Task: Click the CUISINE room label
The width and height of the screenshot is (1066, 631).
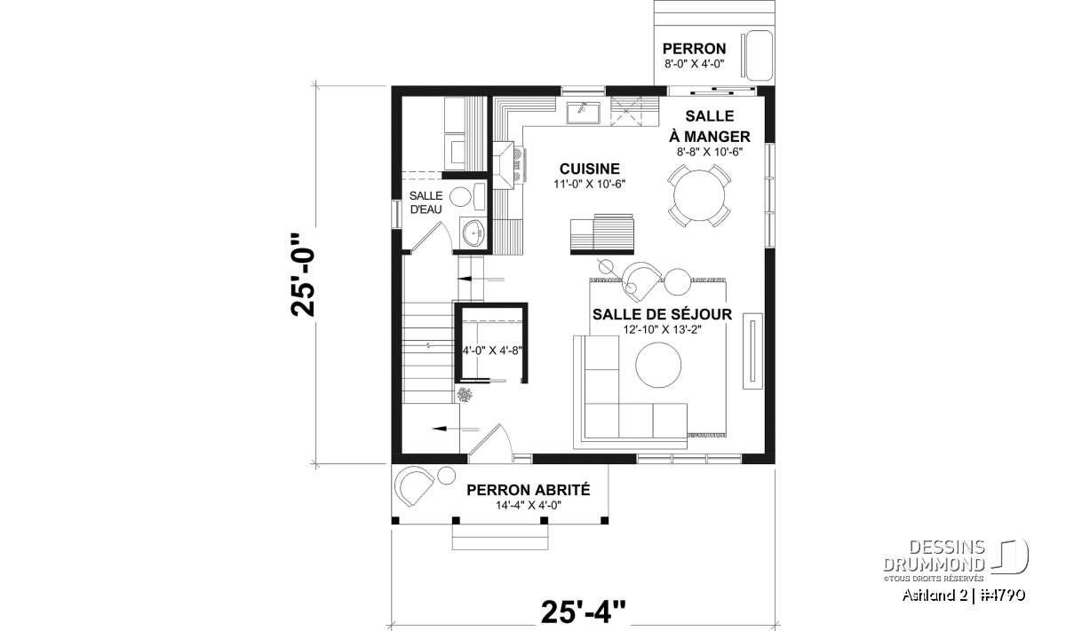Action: click(590, 169)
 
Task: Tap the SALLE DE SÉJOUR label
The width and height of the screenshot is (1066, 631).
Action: click(662, 314)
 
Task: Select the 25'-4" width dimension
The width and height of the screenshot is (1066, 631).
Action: click(584, 611)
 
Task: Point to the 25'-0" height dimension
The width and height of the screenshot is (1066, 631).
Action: click(303, 274)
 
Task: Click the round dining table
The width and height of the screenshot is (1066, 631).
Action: click(699, 195)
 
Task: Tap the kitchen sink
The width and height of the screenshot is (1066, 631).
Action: click(584, 113)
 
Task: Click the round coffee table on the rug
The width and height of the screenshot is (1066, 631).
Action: click(658, 365)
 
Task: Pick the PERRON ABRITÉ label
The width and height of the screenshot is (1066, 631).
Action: click(529, 490)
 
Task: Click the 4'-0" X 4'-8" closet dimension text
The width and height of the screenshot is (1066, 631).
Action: click(492, 351)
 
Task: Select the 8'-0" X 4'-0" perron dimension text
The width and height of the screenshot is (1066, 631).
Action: click(695, 64)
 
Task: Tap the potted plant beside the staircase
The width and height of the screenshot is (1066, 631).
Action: click(465, 395)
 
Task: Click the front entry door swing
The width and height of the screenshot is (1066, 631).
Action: click(490, 443)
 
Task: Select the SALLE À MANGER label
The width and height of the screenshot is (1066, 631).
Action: click(710, 126)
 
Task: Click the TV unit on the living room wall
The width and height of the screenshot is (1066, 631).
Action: click(752, 351)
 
